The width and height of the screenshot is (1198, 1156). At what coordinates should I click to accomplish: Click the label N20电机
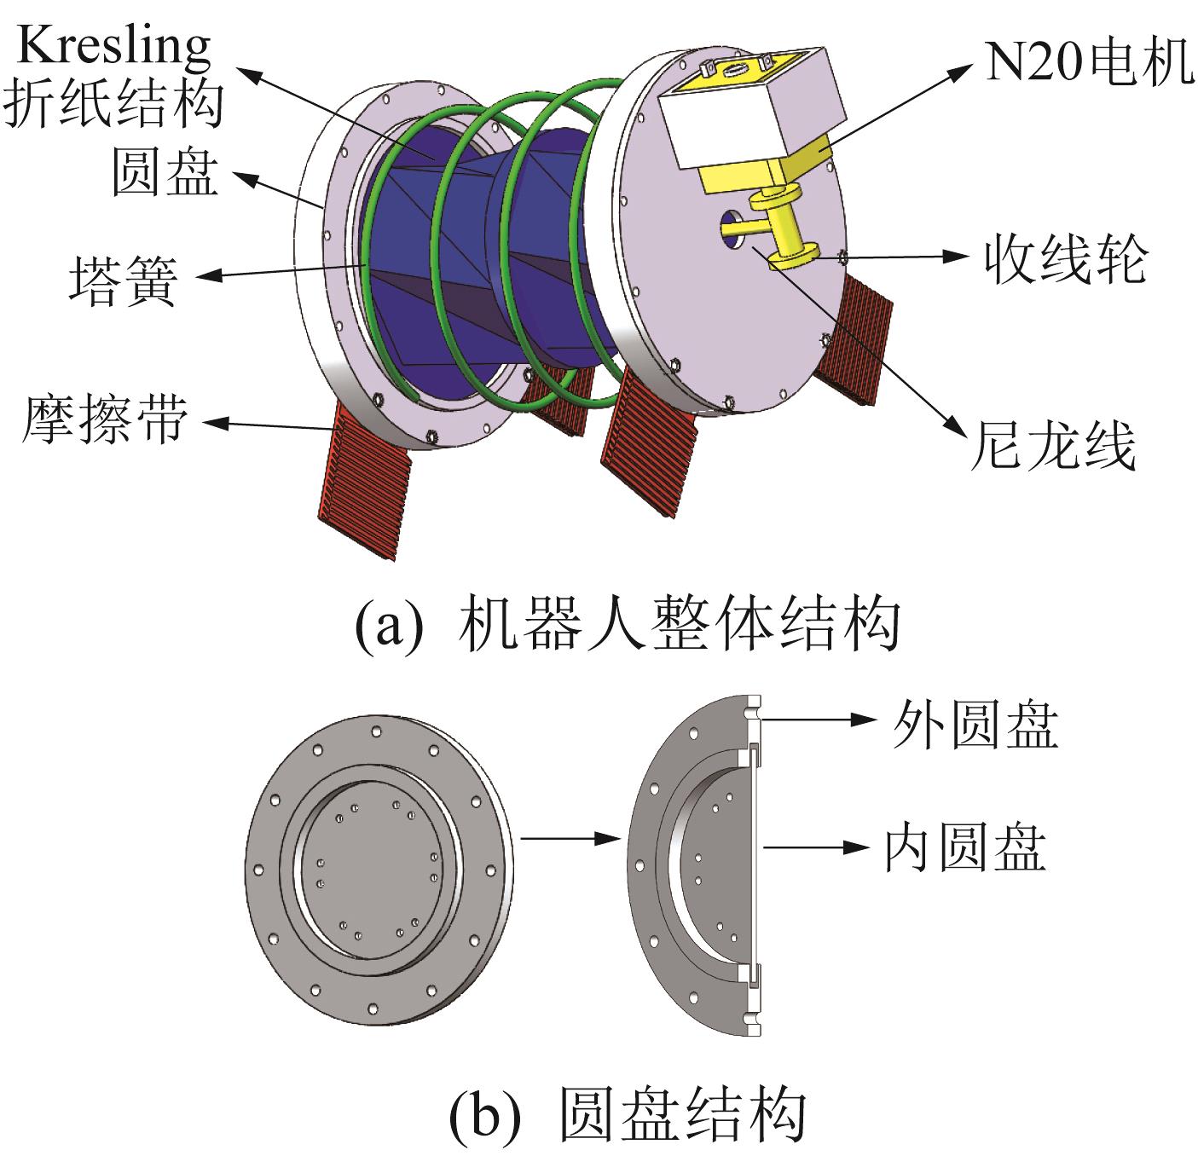tap(1089, 62)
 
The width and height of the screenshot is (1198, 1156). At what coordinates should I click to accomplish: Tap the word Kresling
tap(114, 45)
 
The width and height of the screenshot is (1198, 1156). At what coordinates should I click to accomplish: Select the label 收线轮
tap(1066, 259)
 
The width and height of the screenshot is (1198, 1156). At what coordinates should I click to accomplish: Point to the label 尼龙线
tap(1053, 446)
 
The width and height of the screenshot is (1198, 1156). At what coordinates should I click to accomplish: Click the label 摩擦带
tap(105, 419)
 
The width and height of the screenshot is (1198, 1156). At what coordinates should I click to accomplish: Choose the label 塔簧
tap(123, 280)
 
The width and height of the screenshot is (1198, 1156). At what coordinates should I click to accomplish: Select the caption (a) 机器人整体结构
tap(627, 623)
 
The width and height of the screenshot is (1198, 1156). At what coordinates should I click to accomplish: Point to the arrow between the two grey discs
tap(570, 838)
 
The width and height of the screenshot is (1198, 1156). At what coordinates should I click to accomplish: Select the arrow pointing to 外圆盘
tap(819, 719)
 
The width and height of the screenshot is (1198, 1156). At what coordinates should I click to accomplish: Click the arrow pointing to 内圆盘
tap(816, 847)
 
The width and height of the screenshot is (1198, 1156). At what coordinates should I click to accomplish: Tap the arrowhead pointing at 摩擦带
tap(216, 423)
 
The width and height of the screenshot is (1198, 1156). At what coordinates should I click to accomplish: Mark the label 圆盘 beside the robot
tap(165, 173)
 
